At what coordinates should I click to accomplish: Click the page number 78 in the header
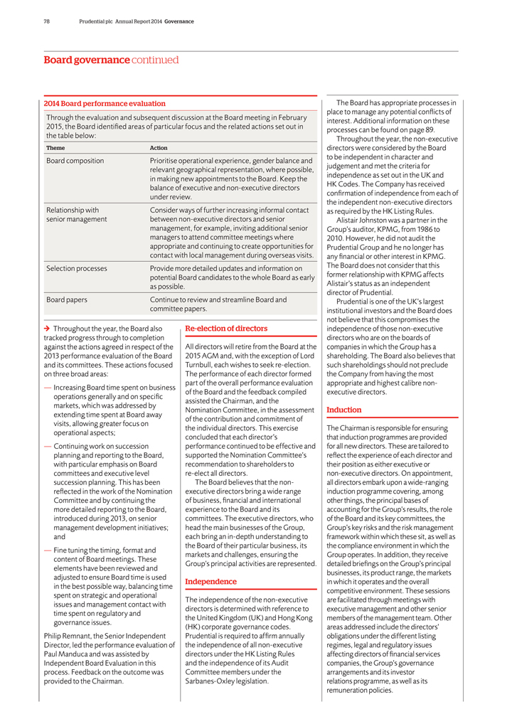tap(47, 21)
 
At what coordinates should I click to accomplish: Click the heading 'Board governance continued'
tap(111, 60)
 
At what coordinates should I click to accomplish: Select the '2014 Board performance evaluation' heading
tap(105, 104)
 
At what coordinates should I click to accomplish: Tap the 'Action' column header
tap(159, 148)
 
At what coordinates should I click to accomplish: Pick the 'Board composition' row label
tap(75, 161)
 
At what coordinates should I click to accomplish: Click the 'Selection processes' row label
tap(77, 269)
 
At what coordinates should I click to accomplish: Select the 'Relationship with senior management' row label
tap(76, 215)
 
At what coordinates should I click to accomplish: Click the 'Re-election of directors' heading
tap(226, 329)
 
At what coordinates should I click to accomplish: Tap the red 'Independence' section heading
tap(210, 582)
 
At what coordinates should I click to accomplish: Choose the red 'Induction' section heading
tap(344, 410)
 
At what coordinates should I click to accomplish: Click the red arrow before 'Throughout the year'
tap(47, 329)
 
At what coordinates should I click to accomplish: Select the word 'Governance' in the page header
tap(179, 21)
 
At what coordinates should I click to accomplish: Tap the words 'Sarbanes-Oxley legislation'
tap(227, 681)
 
